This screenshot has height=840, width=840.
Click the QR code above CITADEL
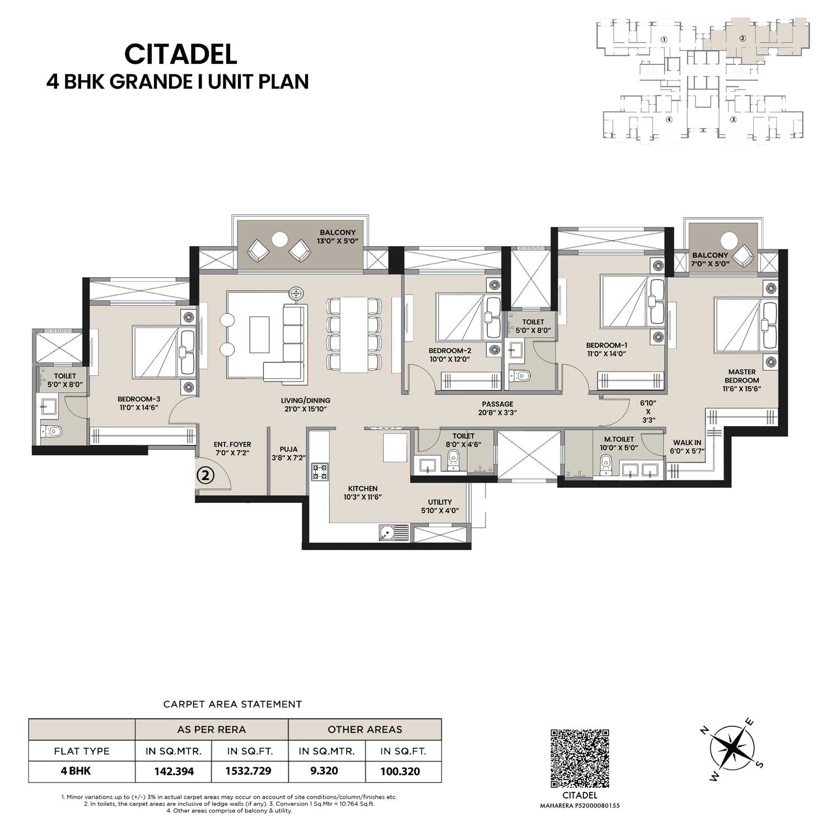[580, 758]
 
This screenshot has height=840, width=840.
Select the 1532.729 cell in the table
[248, 771]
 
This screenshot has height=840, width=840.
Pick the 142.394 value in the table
[174, 771]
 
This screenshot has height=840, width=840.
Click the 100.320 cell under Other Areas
[400, 771]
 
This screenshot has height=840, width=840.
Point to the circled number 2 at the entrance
[206, 475]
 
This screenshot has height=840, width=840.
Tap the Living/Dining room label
[305, 405]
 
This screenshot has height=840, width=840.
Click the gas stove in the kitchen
[321, 472]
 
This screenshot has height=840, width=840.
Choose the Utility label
[440, 506]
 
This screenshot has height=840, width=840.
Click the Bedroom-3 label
[139, 403]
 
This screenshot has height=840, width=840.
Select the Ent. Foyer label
[232, 449]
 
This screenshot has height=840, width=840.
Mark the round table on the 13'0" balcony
[279, 239]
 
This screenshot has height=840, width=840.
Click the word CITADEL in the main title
[181, 54]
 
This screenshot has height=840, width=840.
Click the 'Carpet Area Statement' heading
[232, 704]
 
